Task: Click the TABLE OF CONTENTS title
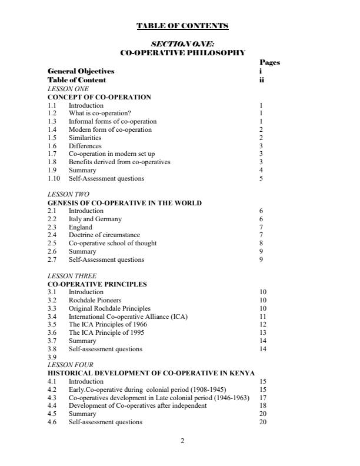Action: click(x=182, y=26)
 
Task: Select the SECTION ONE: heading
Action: click(x=182, y=44)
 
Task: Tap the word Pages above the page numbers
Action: click(x=269, y=62)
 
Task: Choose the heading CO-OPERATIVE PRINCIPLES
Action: click(x=97, y=284)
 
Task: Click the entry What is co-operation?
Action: click(x=99, y=113)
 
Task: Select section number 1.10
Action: click(x=54, y=178)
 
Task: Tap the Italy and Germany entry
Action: click(x=95, y=219)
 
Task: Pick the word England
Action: click(x=81, y=227)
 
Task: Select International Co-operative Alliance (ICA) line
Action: click(x=128, y=317)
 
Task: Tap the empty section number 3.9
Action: click(x=52, y=357)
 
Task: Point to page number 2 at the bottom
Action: click(x=182, y=441)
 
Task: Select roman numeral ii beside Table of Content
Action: click(x=261, y=80)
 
